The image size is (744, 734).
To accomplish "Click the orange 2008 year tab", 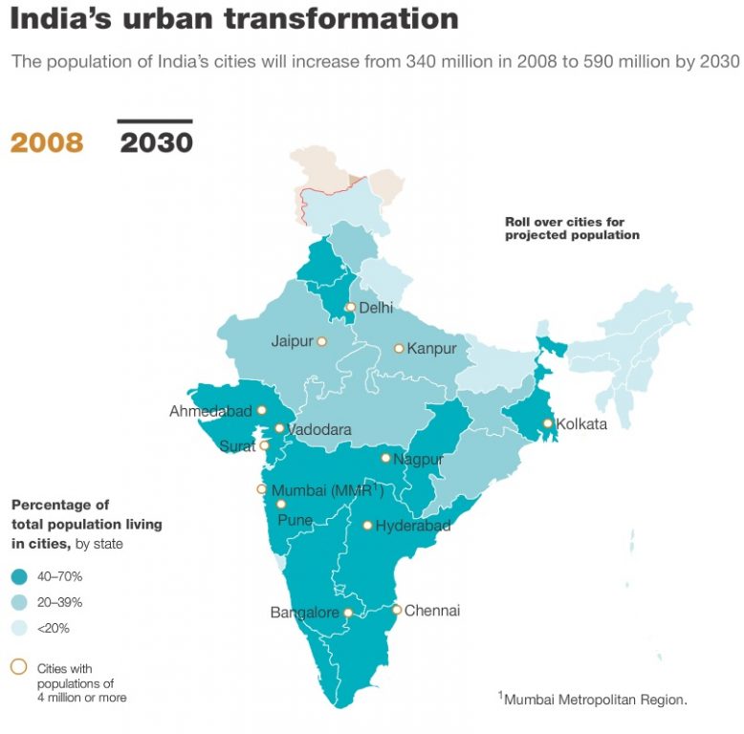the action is tap(47, 142).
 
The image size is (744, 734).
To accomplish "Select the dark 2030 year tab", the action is tap(156, 142).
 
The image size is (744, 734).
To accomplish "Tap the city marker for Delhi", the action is tap(350, 307).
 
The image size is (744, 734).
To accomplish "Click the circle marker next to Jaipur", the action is tap(321, 341).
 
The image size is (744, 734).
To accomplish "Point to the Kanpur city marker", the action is tap(399, 349).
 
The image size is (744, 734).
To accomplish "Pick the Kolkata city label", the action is tap(581, 423).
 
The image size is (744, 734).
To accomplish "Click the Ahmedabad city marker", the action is tap(261, 410).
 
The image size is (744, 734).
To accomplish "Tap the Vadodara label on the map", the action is tap(319, 429).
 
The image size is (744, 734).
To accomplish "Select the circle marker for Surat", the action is tap(264, 445).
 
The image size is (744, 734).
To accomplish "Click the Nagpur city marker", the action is tap(385, 458).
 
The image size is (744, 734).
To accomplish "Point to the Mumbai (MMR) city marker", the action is tap(261, 489).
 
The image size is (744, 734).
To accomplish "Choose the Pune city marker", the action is tap(281, 504).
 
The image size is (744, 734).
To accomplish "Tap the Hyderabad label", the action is tap(413, 526).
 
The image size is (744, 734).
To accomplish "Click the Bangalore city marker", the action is tap(348, 613).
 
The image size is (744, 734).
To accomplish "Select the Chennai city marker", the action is tap(397, 610).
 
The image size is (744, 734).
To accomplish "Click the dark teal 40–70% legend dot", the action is tap(19, 576).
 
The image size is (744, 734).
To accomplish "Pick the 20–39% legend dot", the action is tap(19, 602).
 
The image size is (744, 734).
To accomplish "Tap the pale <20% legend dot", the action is tap(19, 628).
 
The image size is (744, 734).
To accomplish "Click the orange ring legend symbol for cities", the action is tap(18, 667).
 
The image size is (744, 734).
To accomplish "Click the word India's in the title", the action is tap(61, 19).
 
